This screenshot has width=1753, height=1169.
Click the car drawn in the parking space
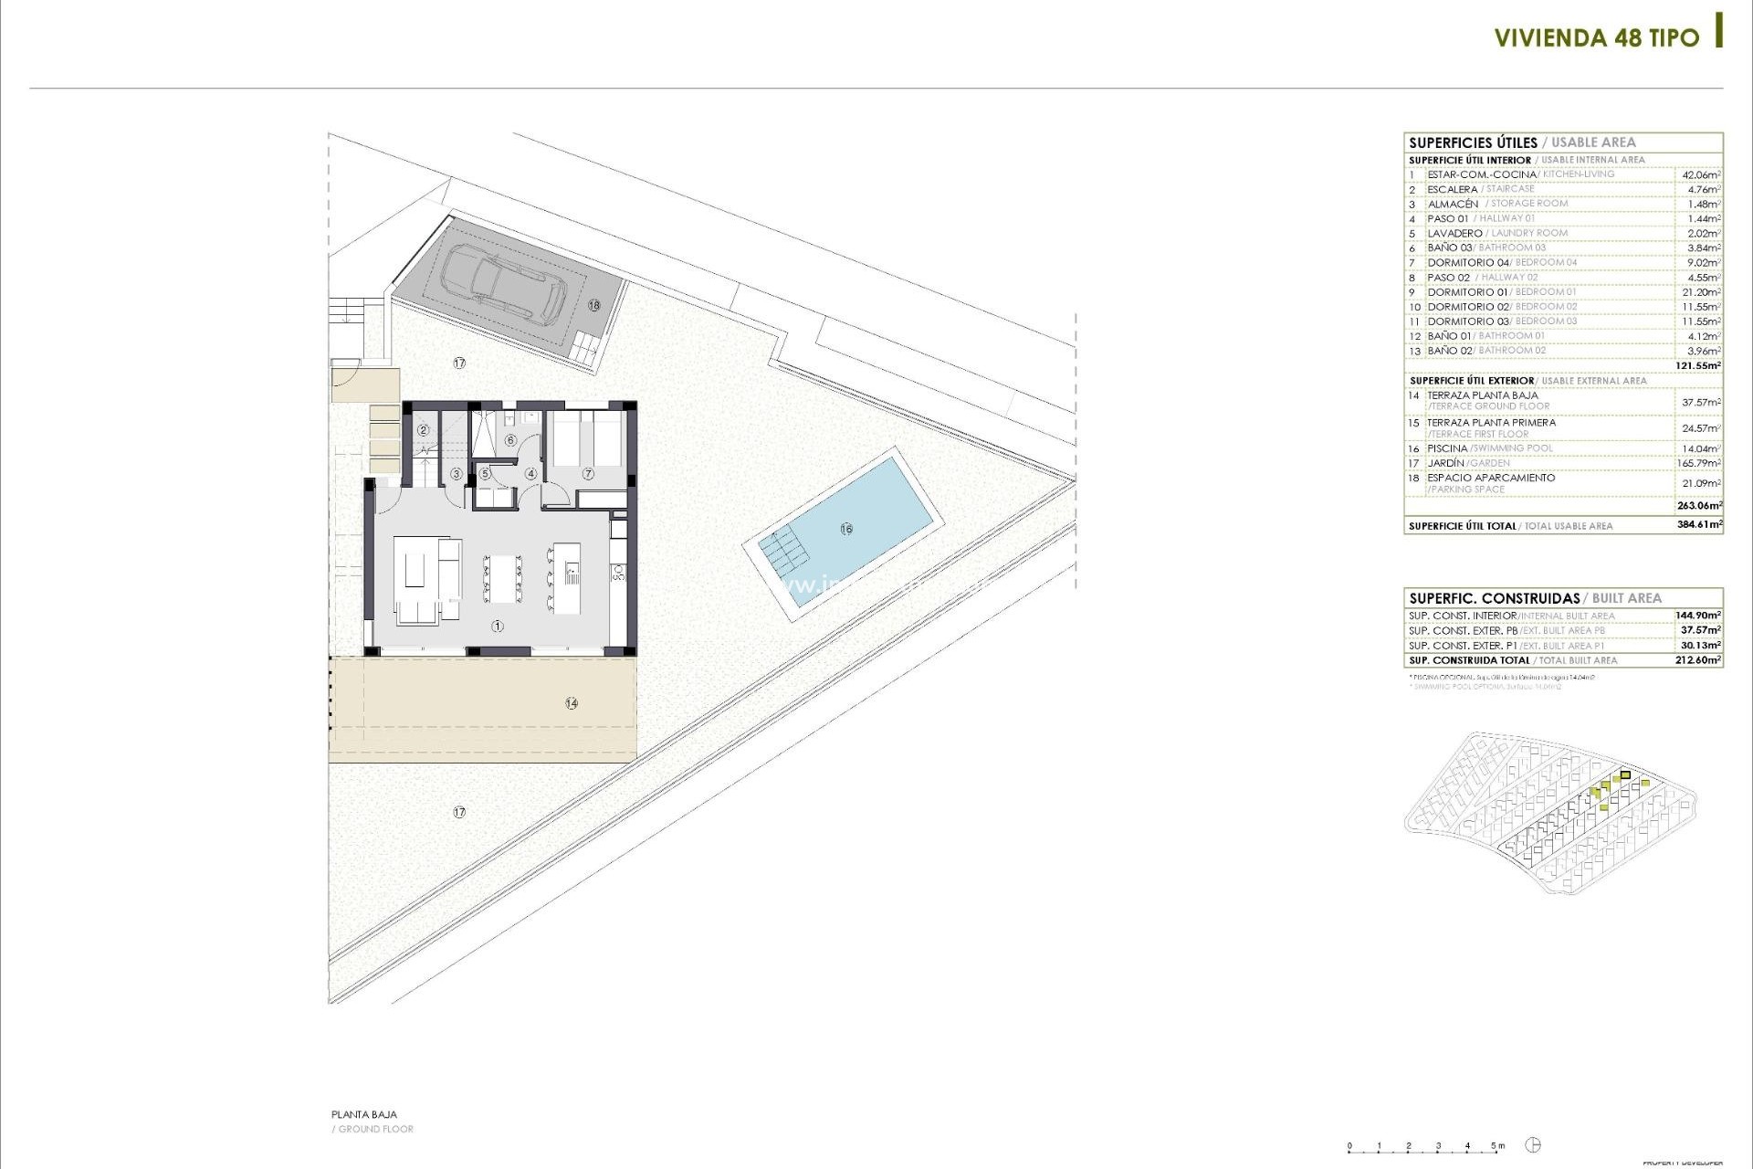click(x=505, y=282)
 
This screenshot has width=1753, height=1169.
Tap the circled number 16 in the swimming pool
click(x=846, y=529)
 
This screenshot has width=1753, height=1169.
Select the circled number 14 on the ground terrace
click(x=572, y=703)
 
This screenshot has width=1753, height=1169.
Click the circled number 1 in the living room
click(x=498, y=627)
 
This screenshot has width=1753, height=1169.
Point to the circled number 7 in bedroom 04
click(x=588, y=474)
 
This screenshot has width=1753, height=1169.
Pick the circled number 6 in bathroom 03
click(x=510, y=441)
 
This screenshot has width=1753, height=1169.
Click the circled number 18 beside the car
click(x=594, y=305)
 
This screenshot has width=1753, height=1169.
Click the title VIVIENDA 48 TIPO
click(x=1596, y=38)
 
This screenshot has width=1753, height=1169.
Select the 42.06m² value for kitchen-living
click(x=1701, y=174)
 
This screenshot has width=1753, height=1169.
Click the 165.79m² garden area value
click(x=1698, y=463)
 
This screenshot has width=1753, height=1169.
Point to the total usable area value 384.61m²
click(x=1698, y=525)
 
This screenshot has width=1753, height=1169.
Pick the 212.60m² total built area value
click(x=1698, y=660)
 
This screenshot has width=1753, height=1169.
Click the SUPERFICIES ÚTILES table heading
click(x=1473, y=142)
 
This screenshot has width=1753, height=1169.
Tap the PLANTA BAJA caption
click(x=364, y=1114)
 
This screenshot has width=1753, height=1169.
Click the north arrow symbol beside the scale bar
click(x=1533, y=1145)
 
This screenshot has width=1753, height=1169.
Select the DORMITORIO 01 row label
click(x=1467, y=292)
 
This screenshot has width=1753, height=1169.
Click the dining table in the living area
click(x=501, y=578)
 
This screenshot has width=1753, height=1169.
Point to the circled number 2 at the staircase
click(x=423, y=430)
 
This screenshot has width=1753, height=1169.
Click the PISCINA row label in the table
click(x=1447, y=448)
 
